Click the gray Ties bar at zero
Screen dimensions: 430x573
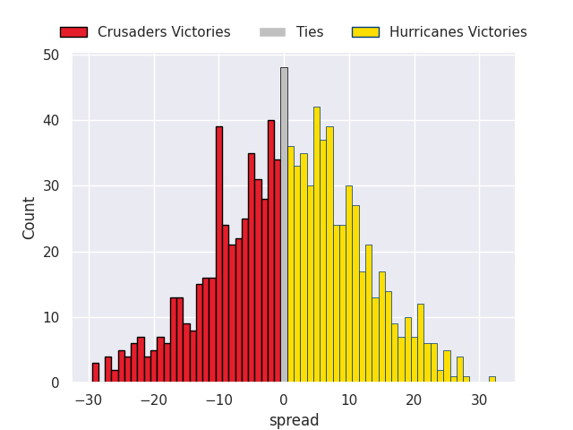click(x=284, y=225)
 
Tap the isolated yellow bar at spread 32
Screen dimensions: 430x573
click(x=492, y=379)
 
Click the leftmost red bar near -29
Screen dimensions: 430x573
click(x=95, y=373)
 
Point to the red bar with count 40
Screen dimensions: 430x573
click(x=270, y=251)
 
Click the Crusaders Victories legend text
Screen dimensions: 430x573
click(x=164, y=32)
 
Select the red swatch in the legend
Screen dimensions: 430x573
click(x=73, y=32)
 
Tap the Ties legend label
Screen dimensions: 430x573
click(x=310, y=32)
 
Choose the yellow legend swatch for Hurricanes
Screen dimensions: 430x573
click(x=365, y=32)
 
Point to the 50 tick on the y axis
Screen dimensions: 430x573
click(x=52, y=55)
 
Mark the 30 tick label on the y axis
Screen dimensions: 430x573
click(x=52, y=186)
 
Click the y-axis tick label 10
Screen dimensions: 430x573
click(x=52, y=317)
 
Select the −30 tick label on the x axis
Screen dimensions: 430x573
click(x=87, y=400)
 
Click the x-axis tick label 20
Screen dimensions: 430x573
click(x=414, y=400)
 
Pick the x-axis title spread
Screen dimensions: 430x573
click(x=294, y=420)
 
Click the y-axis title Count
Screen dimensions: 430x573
click(x=30, y=218)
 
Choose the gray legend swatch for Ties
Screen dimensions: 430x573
click(x=272, y=32)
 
